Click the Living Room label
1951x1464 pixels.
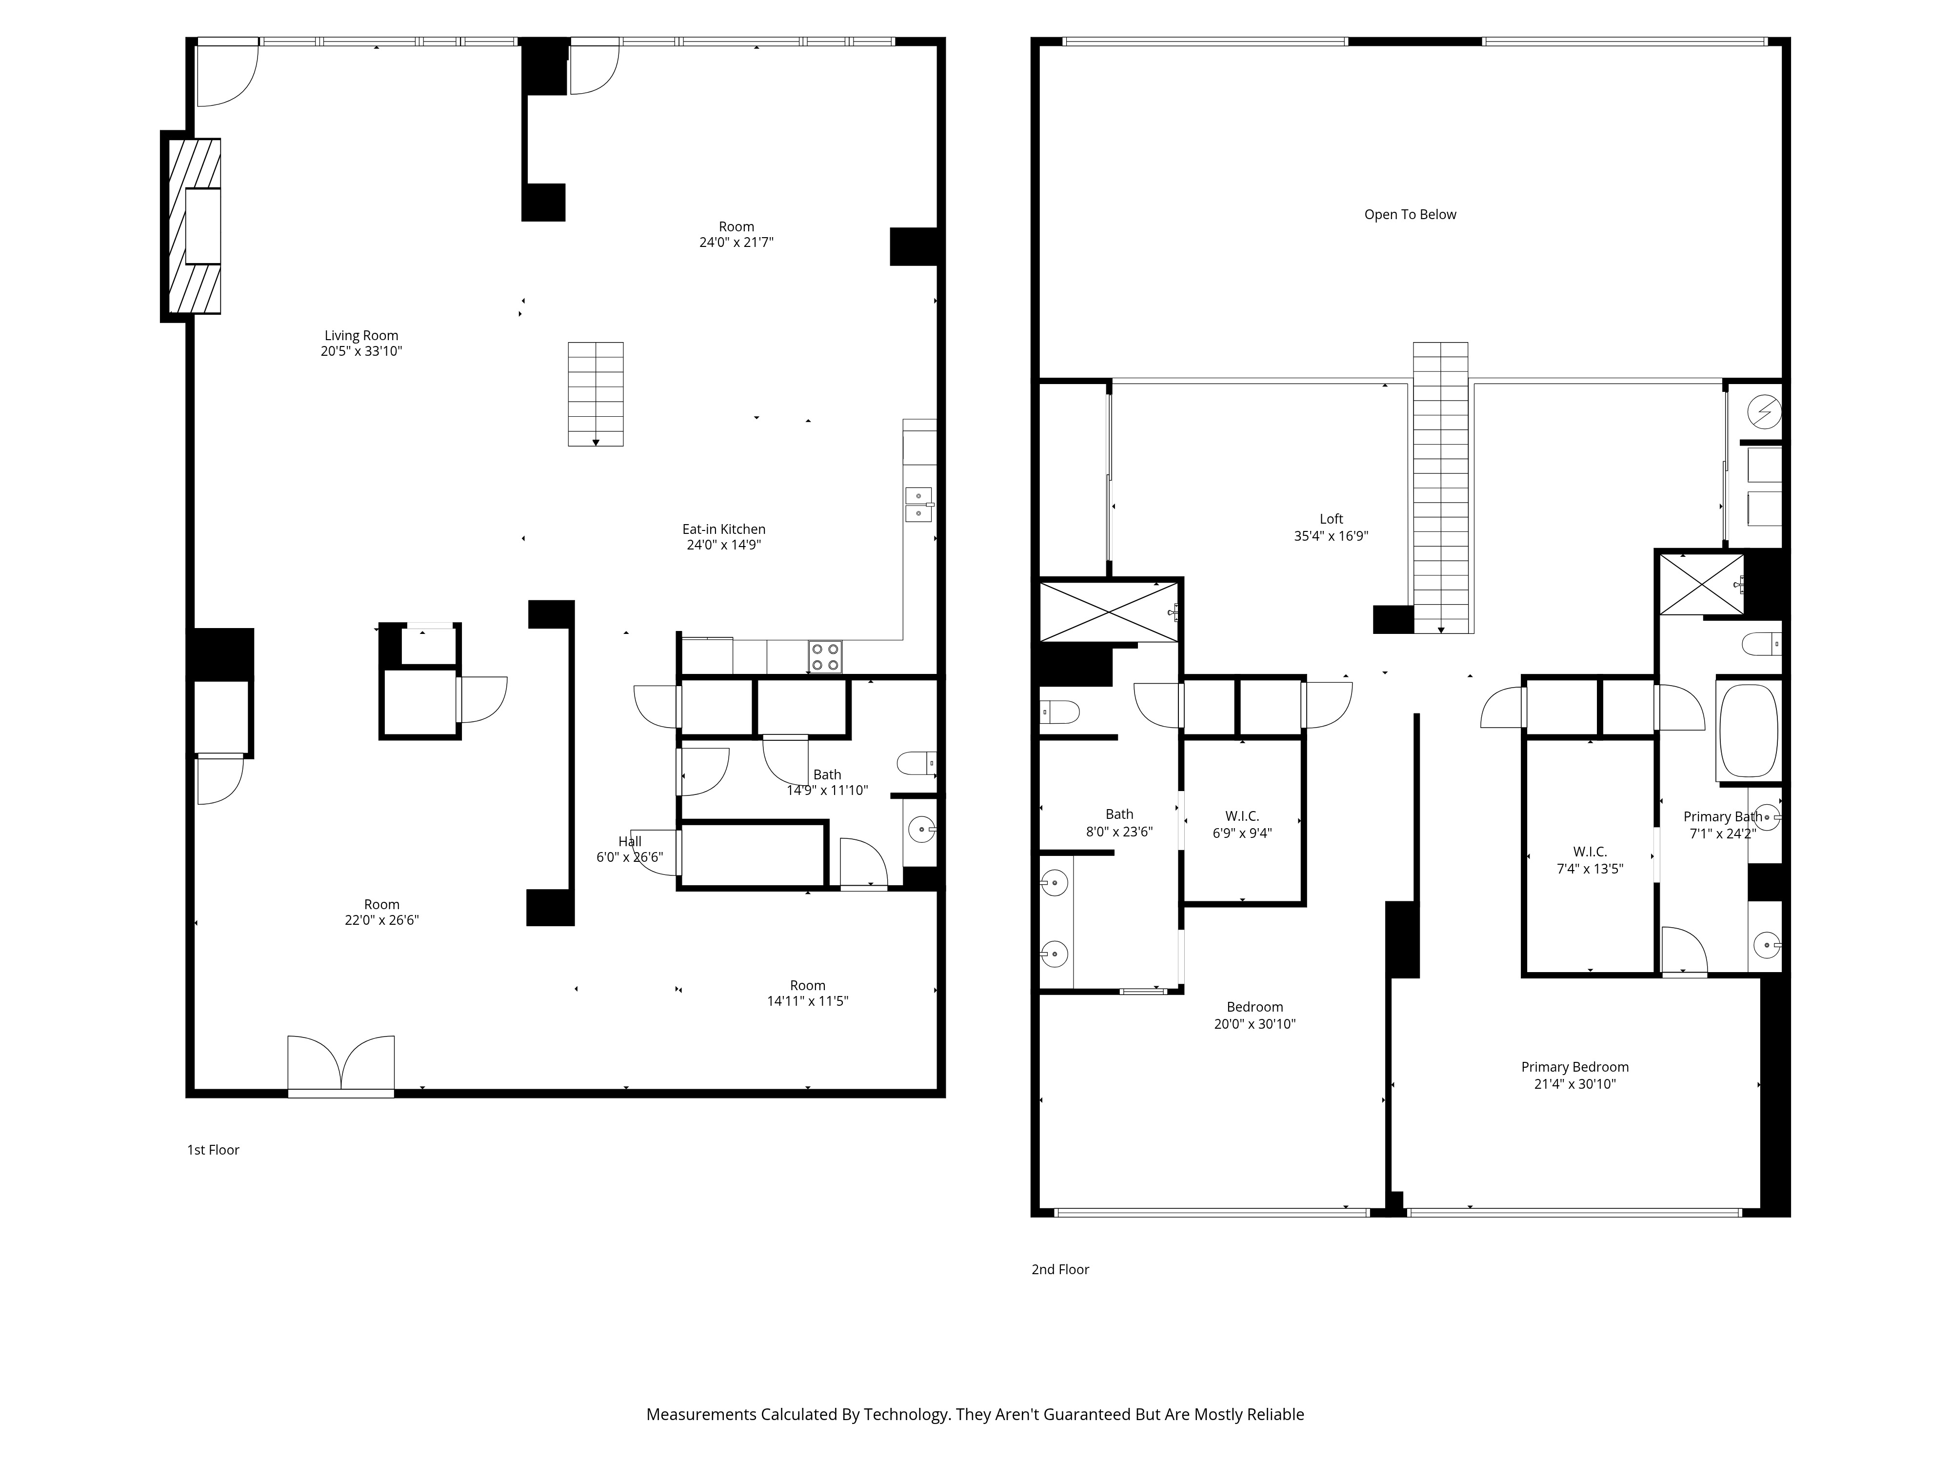point(361,335)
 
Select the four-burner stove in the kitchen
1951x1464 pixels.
point(825,656)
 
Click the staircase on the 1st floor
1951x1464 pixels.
point(596,394)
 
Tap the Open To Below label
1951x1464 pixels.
point(1410,214)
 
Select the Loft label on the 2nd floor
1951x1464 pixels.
point(1331,519)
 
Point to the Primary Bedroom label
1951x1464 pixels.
point(1574,1067)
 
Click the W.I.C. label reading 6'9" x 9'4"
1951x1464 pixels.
point(1242,832)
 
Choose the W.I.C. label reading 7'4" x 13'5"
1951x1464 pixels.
point(1590,868)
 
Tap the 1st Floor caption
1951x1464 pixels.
point(213,1150)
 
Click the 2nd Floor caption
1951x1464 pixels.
point(1060,1269)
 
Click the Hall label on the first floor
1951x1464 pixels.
point(630,841)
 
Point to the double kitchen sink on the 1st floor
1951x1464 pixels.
point(918,504)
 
